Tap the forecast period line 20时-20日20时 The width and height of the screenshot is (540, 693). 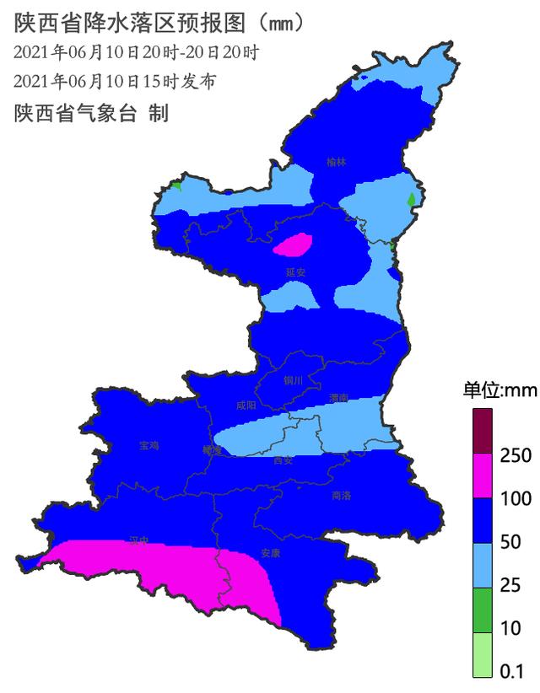(x=136, y=52)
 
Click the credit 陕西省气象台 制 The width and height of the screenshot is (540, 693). (x=91, y=113)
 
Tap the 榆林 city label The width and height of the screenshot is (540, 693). (x=337, y=162)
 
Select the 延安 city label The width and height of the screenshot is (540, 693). (x=294, y=272)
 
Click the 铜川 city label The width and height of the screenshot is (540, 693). (x=293, y=381)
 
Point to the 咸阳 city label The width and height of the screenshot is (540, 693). (x=246, y=406)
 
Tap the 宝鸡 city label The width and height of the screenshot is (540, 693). (x=148, y=444)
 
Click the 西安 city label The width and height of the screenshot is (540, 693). (x=283, y=460)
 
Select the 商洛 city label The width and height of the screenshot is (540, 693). (x=343, y=496)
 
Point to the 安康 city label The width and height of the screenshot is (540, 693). (x=270, y=553)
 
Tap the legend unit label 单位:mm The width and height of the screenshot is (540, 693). (x=500, y=390)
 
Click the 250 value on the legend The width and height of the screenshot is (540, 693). (x=516, y=455)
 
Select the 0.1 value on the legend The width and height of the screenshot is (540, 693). (x=512, y=672)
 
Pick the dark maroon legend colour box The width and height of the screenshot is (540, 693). (x=483, y=431)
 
